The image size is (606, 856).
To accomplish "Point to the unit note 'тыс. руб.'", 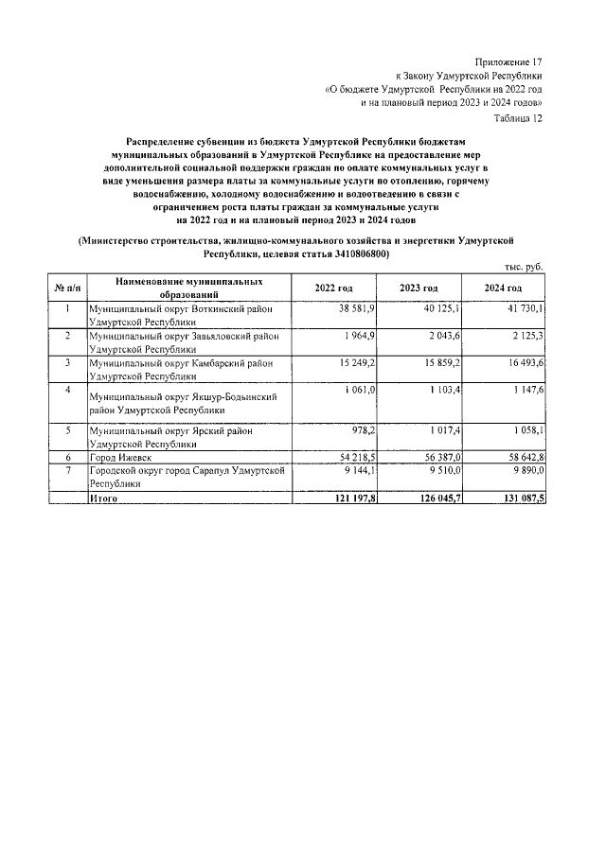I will [x=523, y=270].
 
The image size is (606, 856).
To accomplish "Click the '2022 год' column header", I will [x=334, y=288].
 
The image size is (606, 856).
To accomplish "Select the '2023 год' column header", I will [x=418, y=288].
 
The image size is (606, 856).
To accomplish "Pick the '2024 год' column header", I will [x=503, y=288].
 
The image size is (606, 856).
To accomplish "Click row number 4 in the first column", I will [x=67, y=389].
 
